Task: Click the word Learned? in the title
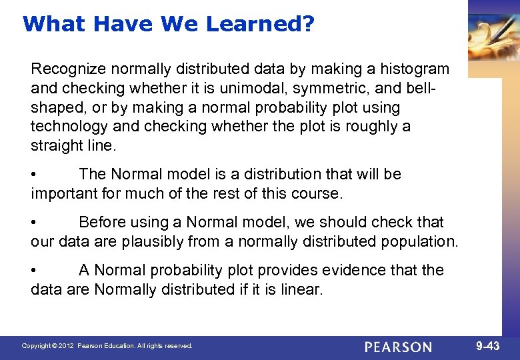click(260, 24)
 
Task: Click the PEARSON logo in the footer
click(399, 347)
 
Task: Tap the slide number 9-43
click(487, 346)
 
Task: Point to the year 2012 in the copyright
click(65, 347)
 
